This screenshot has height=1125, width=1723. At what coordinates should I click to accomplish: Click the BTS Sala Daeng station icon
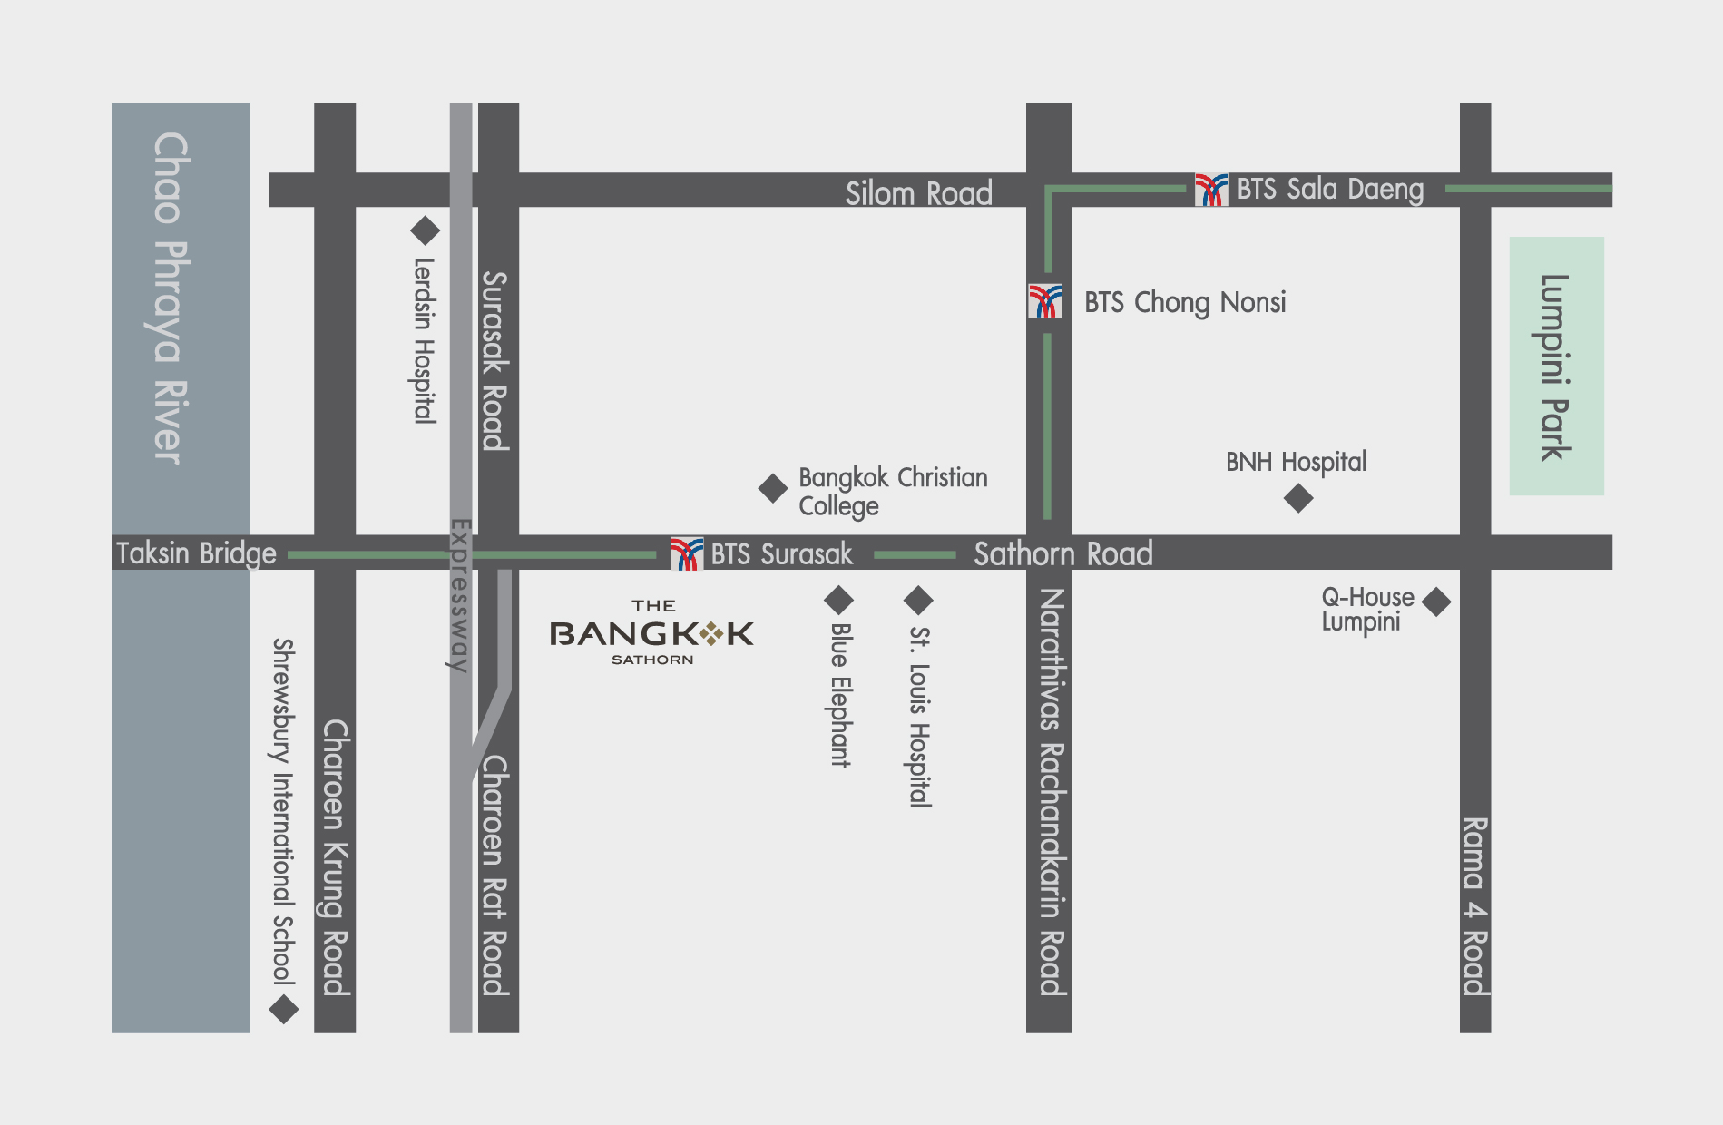1211,190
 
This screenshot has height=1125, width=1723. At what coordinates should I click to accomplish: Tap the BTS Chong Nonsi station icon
1045,301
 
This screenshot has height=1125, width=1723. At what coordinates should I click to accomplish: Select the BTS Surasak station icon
687,553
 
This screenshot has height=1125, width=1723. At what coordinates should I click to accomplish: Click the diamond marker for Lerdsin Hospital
425,230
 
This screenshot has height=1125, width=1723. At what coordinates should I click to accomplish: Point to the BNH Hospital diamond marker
1298,498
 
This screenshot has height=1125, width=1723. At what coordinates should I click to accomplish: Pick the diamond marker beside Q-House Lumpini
1436,602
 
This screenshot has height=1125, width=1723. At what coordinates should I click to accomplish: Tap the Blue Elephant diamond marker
838,600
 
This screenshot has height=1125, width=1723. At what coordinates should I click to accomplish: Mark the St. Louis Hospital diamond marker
918,600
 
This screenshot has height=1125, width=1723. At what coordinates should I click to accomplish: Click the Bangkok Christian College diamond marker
773,488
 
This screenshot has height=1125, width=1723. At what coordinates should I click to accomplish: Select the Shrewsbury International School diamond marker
284,1009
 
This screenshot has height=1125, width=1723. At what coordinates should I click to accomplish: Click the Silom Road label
918,192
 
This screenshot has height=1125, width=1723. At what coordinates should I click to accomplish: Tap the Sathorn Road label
1062,553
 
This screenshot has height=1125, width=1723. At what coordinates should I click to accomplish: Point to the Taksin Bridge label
196,553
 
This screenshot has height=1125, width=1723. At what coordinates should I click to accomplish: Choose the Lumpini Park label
1555,367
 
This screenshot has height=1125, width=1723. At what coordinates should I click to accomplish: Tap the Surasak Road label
495,360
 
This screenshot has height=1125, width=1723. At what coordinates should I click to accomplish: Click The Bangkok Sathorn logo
651,633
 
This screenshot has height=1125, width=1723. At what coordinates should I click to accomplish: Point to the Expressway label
461,595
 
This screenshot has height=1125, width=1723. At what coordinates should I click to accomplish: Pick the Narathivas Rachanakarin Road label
1052,791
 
